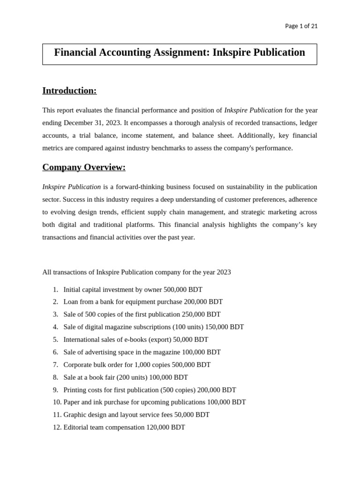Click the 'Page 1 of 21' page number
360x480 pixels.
[x=301, y=26]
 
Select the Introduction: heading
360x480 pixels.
[x=69, y=90]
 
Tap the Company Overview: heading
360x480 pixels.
[x=84, y=167]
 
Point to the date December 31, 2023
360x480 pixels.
[x=92, y=123]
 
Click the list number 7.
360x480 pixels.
[x=55, y=365]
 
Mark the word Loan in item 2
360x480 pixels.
[x=71, y=302]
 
